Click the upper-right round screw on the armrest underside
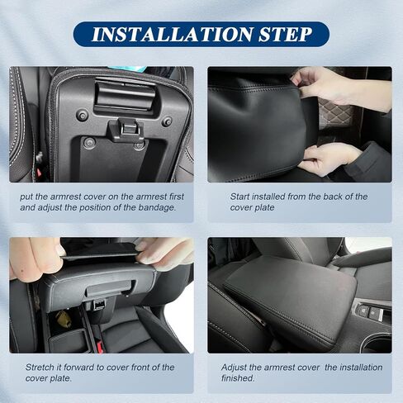coord(167,121)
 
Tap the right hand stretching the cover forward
coord(165,253)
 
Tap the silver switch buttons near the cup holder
coord(370,313)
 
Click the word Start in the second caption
coord(243,197)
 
